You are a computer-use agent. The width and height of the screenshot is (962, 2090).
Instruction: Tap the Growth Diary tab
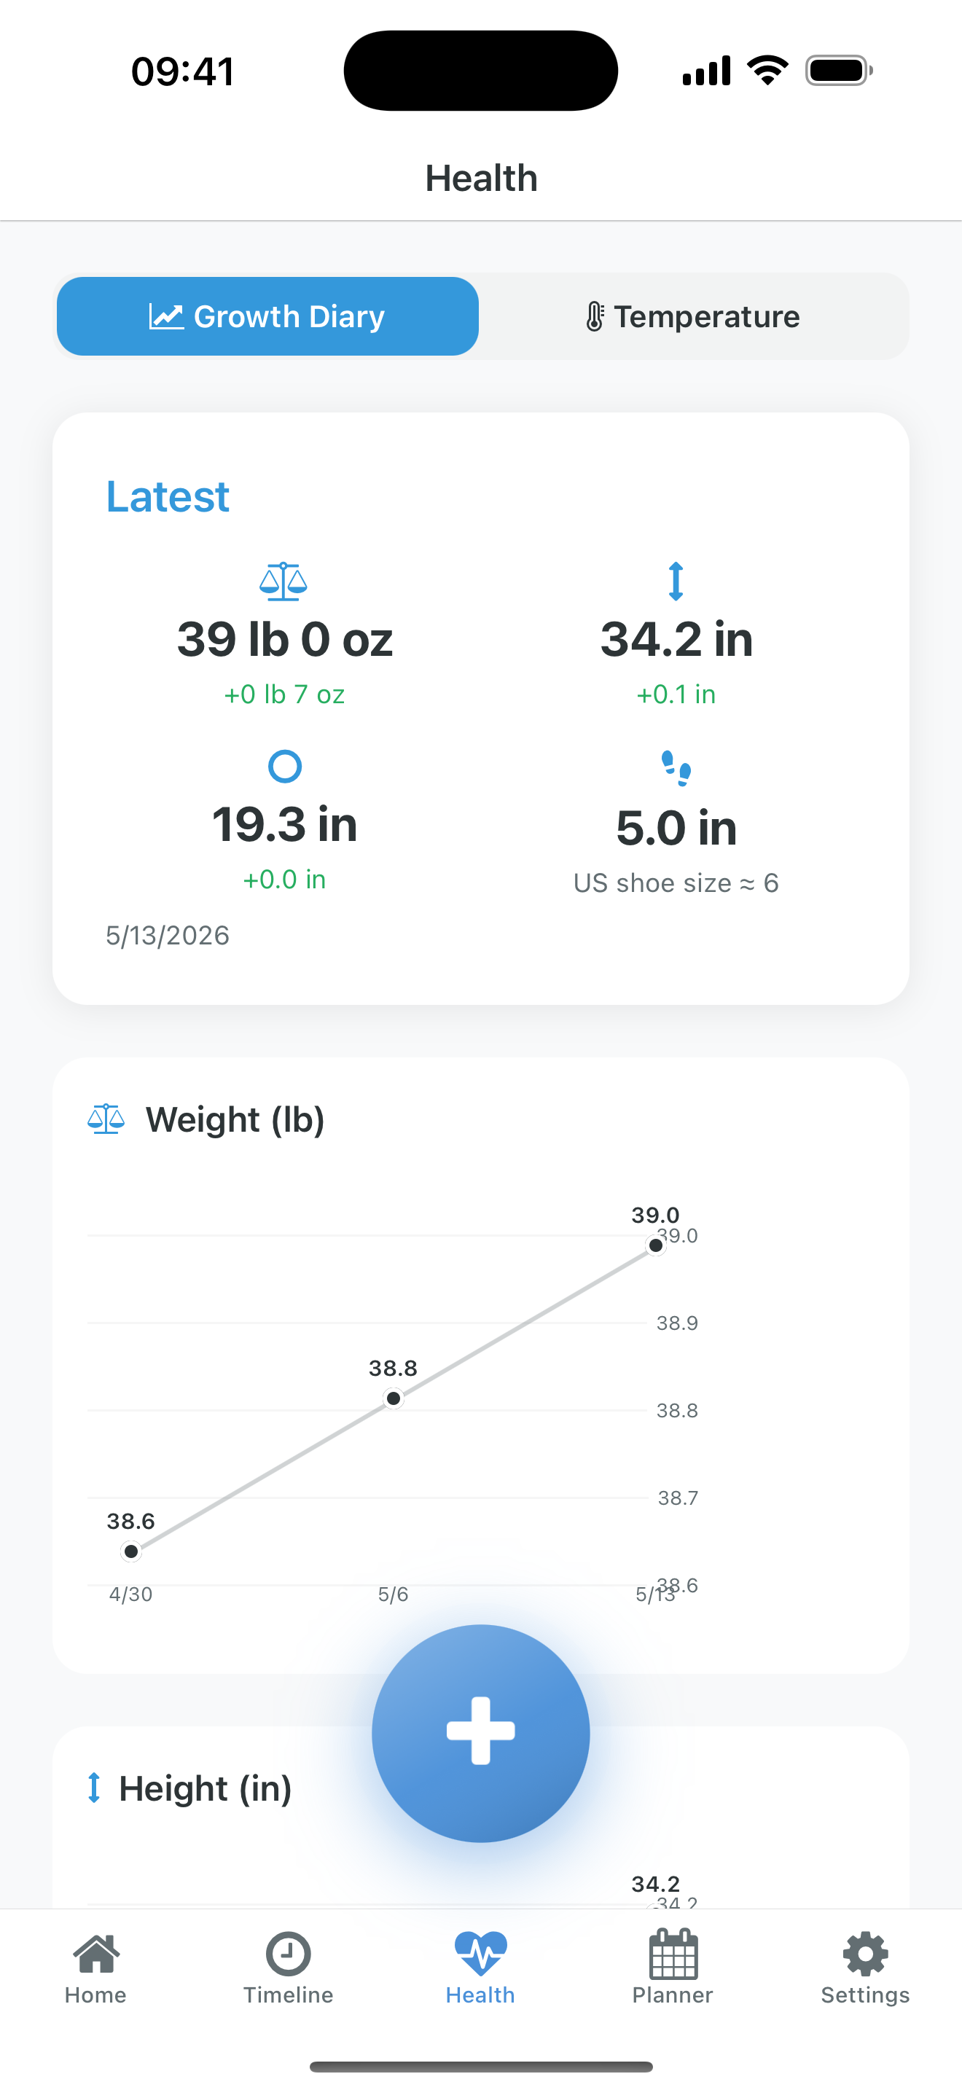point(267,316)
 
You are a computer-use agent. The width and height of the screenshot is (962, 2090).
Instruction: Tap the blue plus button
point(481,1733)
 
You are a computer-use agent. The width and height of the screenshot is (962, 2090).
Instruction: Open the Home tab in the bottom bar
point(95,1968)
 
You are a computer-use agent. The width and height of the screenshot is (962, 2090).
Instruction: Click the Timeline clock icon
point(288,1954)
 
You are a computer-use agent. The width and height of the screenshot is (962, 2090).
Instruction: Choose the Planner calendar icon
point(673,1954)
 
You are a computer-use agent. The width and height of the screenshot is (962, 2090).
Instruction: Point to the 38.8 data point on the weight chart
point(394,1398)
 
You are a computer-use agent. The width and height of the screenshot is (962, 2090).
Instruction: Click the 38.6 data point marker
point(131,1551)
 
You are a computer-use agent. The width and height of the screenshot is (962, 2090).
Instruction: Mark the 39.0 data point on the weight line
point(655,1245)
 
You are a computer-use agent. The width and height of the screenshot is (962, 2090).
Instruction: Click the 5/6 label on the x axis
point(394,1594)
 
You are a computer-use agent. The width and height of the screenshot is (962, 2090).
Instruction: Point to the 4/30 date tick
point(131,1594)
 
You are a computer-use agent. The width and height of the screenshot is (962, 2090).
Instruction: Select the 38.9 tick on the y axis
point(677,1323)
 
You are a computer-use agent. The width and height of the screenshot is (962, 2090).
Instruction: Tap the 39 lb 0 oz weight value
point(285,639)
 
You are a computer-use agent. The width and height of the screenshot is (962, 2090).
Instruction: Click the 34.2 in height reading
point(676,639)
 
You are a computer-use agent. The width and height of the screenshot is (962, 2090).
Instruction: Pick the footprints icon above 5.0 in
point(676,767)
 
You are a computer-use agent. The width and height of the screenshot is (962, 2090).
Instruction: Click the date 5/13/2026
point(168,936)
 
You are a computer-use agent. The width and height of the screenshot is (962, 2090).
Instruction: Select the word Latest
point(168,496)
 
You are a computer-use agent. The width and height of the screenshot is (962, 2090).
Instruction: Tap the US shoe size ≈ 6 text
point(676,882)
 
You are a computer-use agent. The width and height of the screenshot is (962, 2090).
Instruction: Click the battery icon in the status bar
point(839,71)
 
